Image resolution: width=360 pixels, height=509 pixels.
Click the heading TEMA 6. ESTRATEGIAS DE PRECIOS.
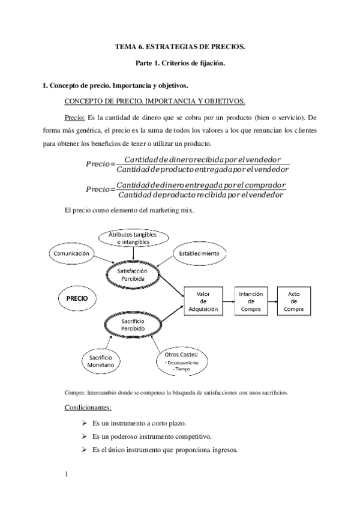pos(180,46)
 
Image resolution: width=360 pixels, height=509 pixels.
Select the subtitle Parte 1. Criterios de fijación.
pos(180,63)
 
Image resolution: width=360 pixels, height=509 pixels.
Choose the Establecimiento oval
pos(199,254)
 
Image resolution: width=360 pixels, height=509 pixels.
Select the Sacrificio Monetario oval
pos(100,360)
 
